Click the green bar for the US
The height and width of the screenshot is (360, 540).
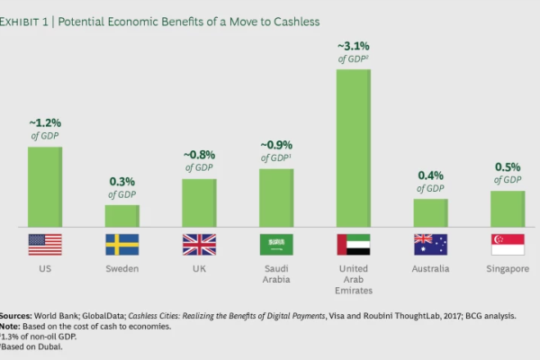[x=45, y=186]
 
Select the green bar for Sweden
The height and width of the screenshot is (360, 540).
[x=122, y=215]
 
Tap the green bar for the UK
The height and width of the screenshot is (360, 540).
[x=199, y=202]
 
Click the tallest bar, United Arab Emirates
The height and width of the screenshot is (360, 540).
[x=354, y=148]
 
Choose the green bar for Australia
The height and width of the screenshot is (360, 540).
[x=430, y=212]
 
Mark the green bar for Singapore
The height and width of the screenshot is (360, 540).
[x=508, y=208]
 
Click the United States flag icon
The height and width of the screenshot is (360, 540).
[x=45, y=245]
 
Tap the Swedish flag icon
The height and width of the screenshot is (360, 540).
[x=122, y=245]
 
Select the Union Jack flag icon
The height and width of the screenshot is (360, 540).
[x=199, y=245]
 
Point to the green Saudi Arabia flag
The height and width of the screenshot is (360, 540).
[x=276, y=245]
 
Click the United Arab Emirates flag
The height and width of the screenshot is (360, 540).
[x=354, y=245]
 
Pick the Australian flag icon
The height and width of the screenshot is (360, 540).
[x=430, y=245]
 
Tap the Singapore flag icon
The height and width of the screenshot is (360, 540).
[x=508, y=245]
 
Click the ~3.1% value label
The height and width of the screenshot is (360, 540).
[x=354, y=46]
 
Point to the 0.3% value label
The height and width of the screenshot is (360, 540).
[x=122, y=181]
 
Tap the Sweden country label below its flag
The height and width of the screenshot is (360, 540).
[x=122, y=269]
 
